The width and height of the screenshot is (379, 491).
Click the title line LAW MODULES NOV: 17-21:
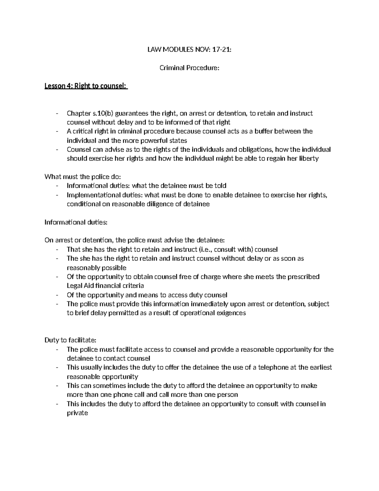pos(189,50)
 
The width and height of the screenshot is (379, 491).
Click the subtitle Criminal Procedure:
pos(189,68)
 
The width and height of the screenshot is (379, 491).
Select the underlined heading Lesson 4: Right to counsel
pos(86,86)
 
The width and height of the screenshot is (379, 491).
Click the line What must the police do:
pos(83,177)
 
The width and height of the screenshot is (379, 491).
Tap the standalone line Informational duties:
pos(76,222)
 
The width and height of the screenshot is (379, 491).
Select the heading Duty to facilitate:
pos(70,341)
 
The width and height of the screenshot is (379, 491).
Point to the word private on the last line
pos(77,413)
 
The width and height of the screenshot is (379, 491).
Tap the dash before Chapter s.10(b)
pos(57,114)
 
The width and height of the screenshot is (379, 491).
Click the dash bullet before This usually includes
pos(57,368)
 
